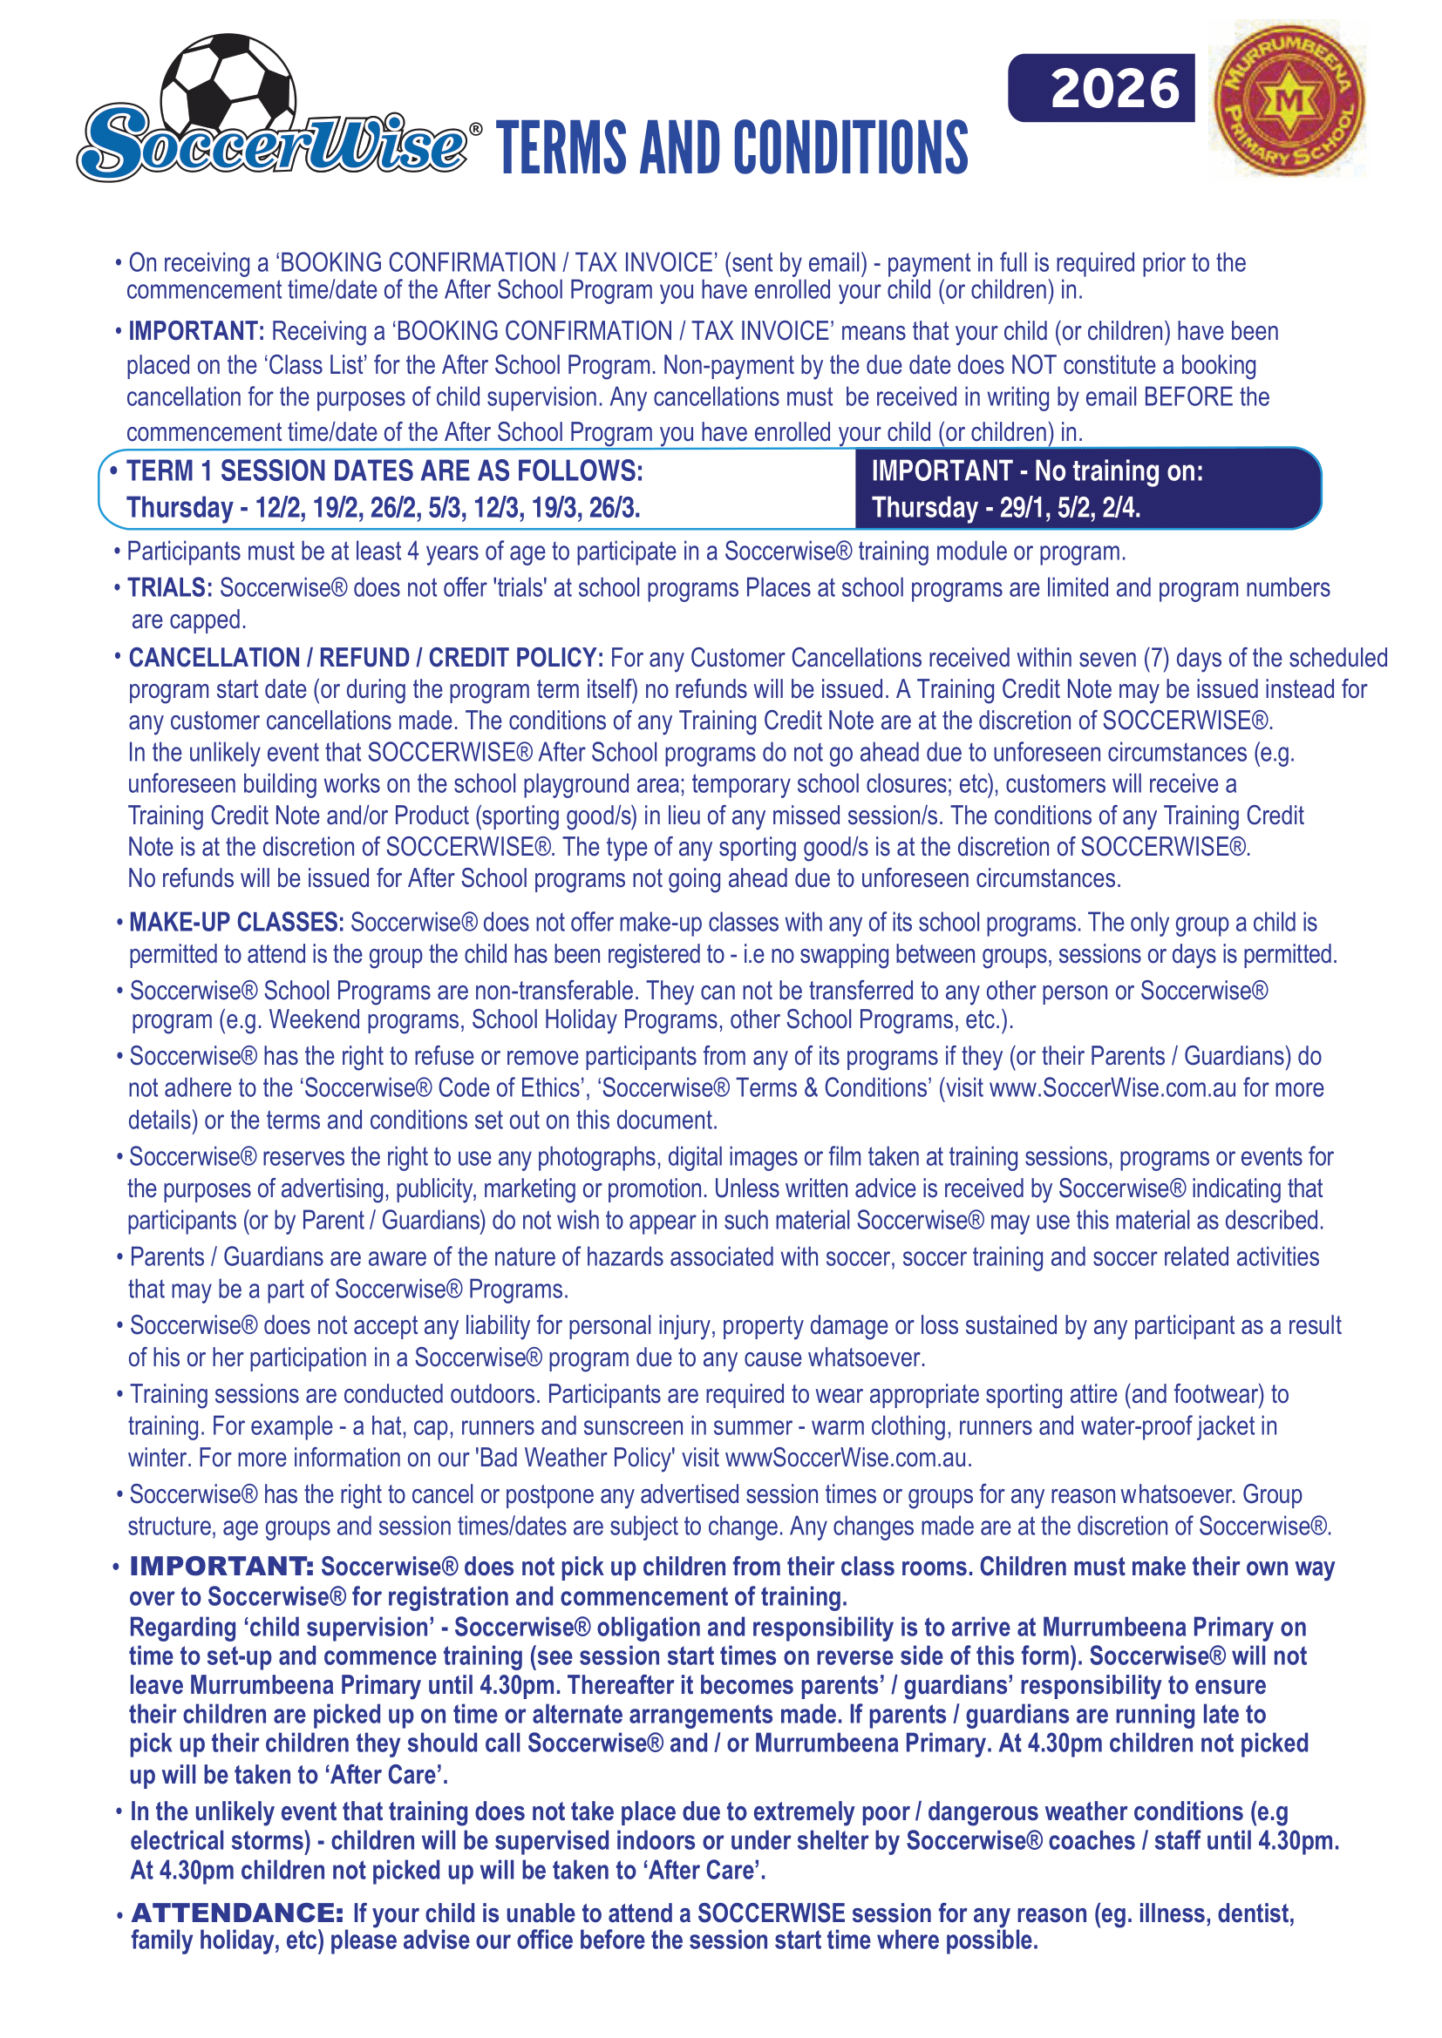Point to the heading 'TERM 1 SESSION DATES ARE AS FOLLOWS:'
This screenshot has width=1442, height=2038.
click(384, 471)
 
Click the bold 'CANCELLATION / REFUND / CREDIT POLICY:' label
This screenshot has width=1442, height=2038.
click(366, 658)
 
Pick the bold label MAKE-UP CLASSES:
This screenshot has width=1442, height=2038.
click(235, 922)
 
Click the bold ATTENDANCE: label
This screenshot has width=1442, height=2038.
click(237, 1912)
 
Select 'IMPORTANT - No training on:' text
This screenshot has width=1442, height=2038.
click(1037, 471)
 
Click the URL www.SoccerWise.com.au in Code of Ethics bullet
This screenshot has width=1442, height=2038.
click(1112, 1088)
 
